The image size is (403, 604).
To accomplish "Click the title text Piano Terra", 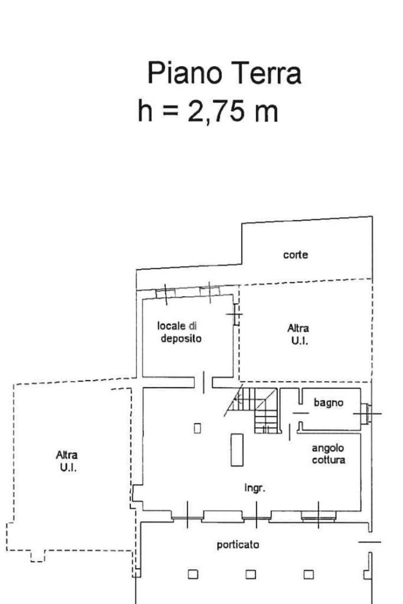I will point(224,74).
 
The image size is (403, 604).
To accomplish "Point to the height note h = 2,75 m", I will point(208,111).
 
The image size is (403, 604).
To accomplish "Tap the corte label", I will point(296,255).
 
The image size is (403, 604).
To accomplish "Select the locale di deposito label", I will point(181,332).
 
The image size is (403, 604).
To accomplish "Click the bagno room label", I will point(328,403).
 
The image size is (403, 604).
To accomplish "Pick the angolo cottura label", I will point(328,454).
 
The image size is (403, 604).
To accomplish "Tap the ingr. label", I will point(255,488).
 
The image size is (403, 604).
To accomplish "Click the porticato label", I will point(238,544).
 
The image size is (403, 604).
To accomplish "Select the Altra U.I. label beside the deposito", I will point(298,334).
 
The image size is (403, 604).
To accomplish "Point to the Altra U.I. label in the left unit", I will point(67,461).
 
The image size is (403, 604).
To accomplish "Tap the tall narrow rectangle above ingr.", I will point(237,449).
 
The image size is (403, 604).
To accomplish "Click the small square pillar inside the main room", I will point(198,428).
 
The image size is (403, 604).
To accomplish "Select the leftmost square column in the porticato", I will point(192,573).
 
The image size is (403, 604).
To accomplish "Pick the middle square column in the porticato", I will point(251,573).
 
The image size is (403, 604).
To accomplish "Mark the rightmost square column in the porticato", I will point(309,573).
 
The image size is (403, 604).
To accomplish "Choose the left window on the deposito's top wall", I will point(165,293).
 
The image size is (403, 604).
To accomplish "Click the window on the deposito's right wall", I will point(236,314).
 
